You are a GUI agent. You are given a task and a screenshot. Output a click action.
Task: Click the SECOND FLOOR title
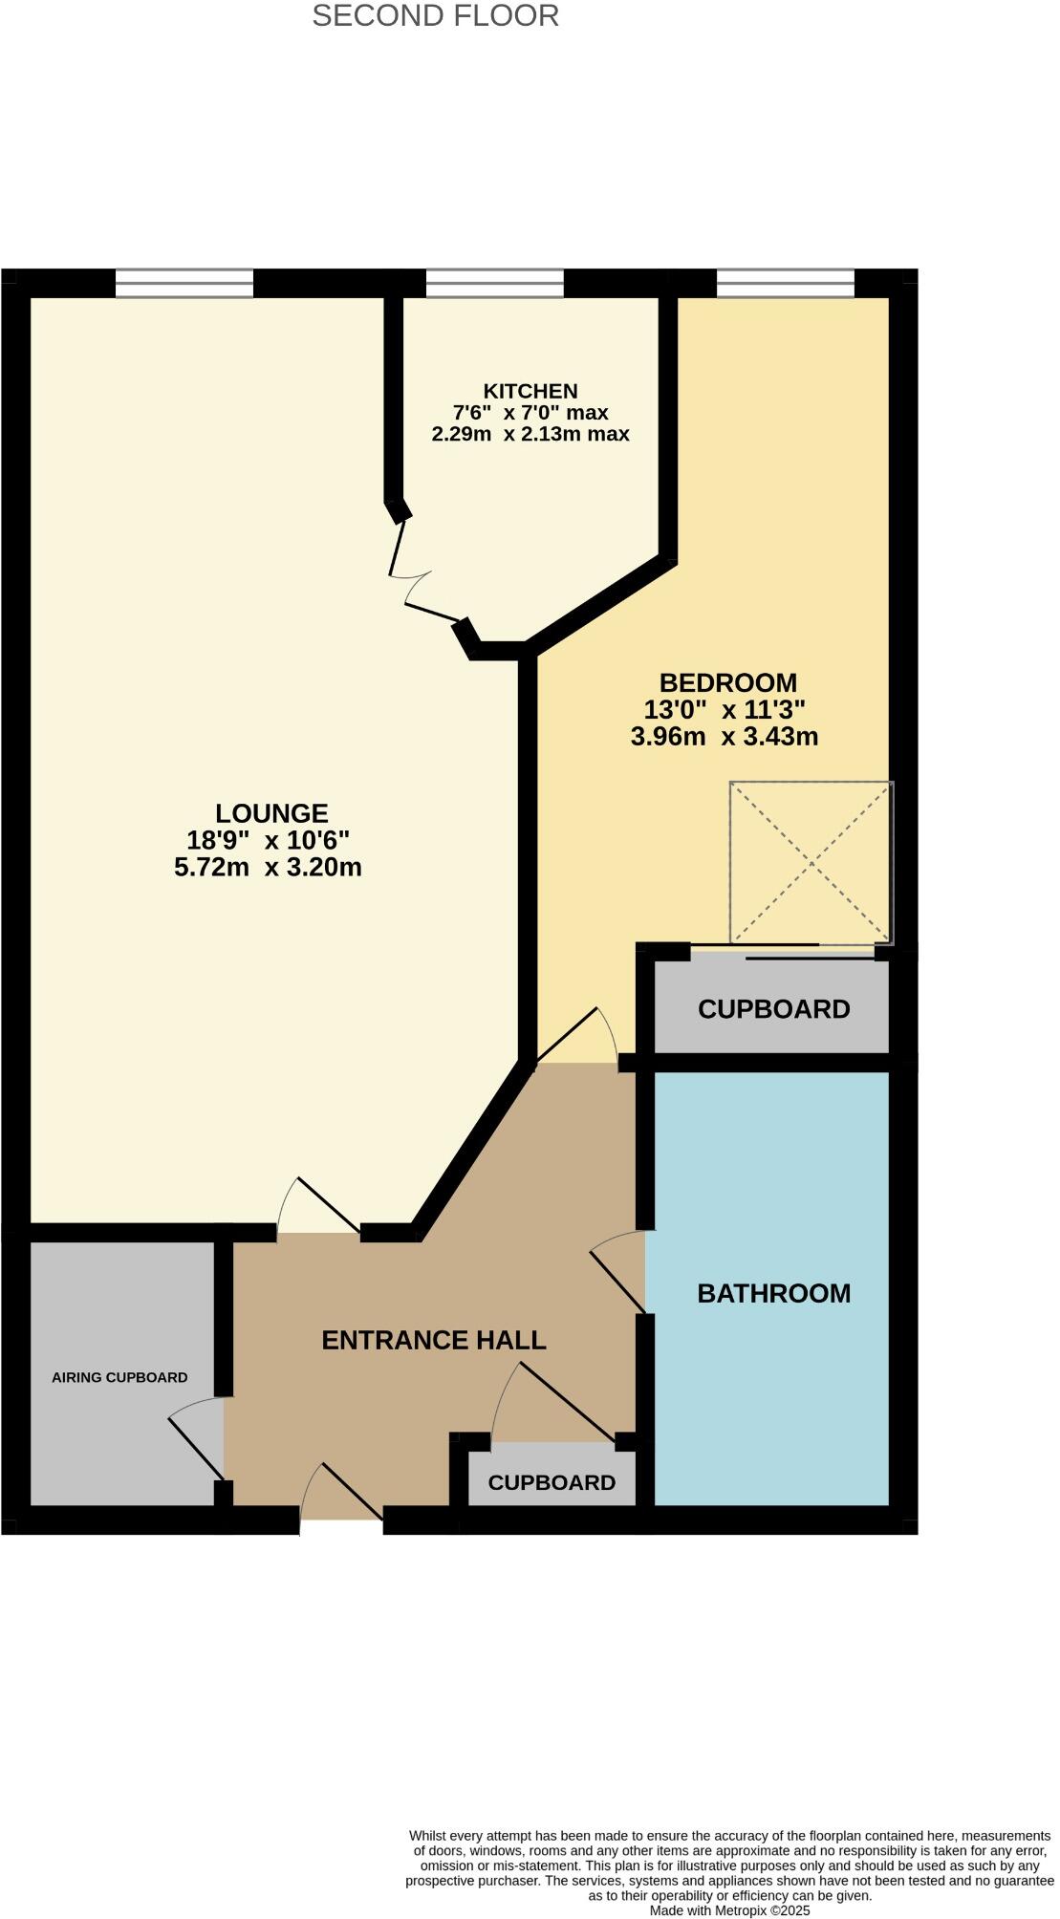pyautogui.click(x=435, y=16)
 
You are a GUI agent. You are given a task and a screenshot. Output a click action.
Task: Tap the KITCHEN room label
pyautogui.click(x=530, y=391)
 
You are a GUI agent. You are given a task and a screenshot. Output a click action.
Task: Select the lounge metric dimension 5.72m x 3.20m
pyautogui.click(x=268, y=868)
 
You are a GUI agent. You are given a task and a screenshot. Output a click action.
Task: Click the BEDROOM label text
pyautogui.click(x=728, y=683)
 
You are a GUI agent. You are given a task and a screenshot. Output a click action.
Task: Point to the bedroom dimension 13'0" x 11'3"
pyautogui.click(x=725, y=710)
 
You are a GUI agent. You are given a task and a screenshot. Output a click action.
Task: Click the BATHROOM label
pyautogui.click(x=773, y=1293)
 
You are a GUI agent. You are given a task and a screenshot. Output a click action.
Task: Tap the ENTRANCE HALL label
pyautogui.click(x=433, y=1340)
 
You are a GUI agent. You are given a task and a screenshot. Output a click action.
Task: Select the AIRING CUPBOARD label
pyautogui.click(x=119, y=1377)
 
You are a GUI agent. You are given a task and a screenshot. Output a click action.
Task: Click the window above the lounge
pyautogui.click(x=184, y=284)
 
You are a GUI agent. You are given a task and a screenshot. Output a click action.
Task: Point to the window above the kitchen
pyautogui.click(x=494, y=284)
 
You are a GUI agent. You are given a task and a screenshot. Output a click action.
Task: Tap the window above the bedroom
pyautogui.click(x=785, y=284)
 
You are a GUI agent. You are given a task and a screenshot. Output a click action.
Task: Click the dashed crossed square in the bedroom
pyautogui.click(x=811, y=862)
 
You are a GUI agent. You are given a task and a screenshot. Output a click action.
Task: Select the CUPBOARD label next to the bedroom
pyautogui.click(x=773, y=1009)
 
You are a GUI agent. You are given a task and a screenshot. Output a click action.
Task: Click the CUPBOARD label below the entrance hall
pyautogui.click(x=552, y=1482)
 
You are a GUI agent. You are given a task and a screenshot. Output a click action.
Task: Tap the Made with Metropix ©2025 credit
pyautogui.click(x=729, y=1910)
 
